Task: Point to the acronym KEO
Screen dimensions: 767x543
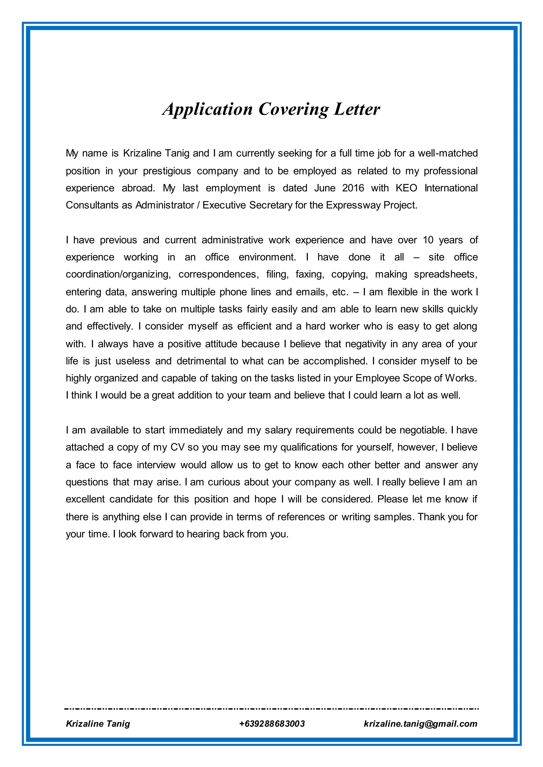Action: pyautogui.click(x=406, y=188)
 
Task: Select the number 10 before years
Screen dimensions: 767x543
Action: pyautogui.click(x=428, y=240)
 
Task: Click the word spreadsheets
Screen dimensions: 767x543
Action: pyautogui.click(x=445, y=274)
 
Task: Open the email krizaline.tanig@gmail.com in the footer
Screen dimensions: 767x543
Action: pyautogui.click(x=420, y=724)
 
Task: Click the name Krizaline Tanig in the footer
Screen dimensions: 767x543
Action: pyautogui.click(x=98, y=724)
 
